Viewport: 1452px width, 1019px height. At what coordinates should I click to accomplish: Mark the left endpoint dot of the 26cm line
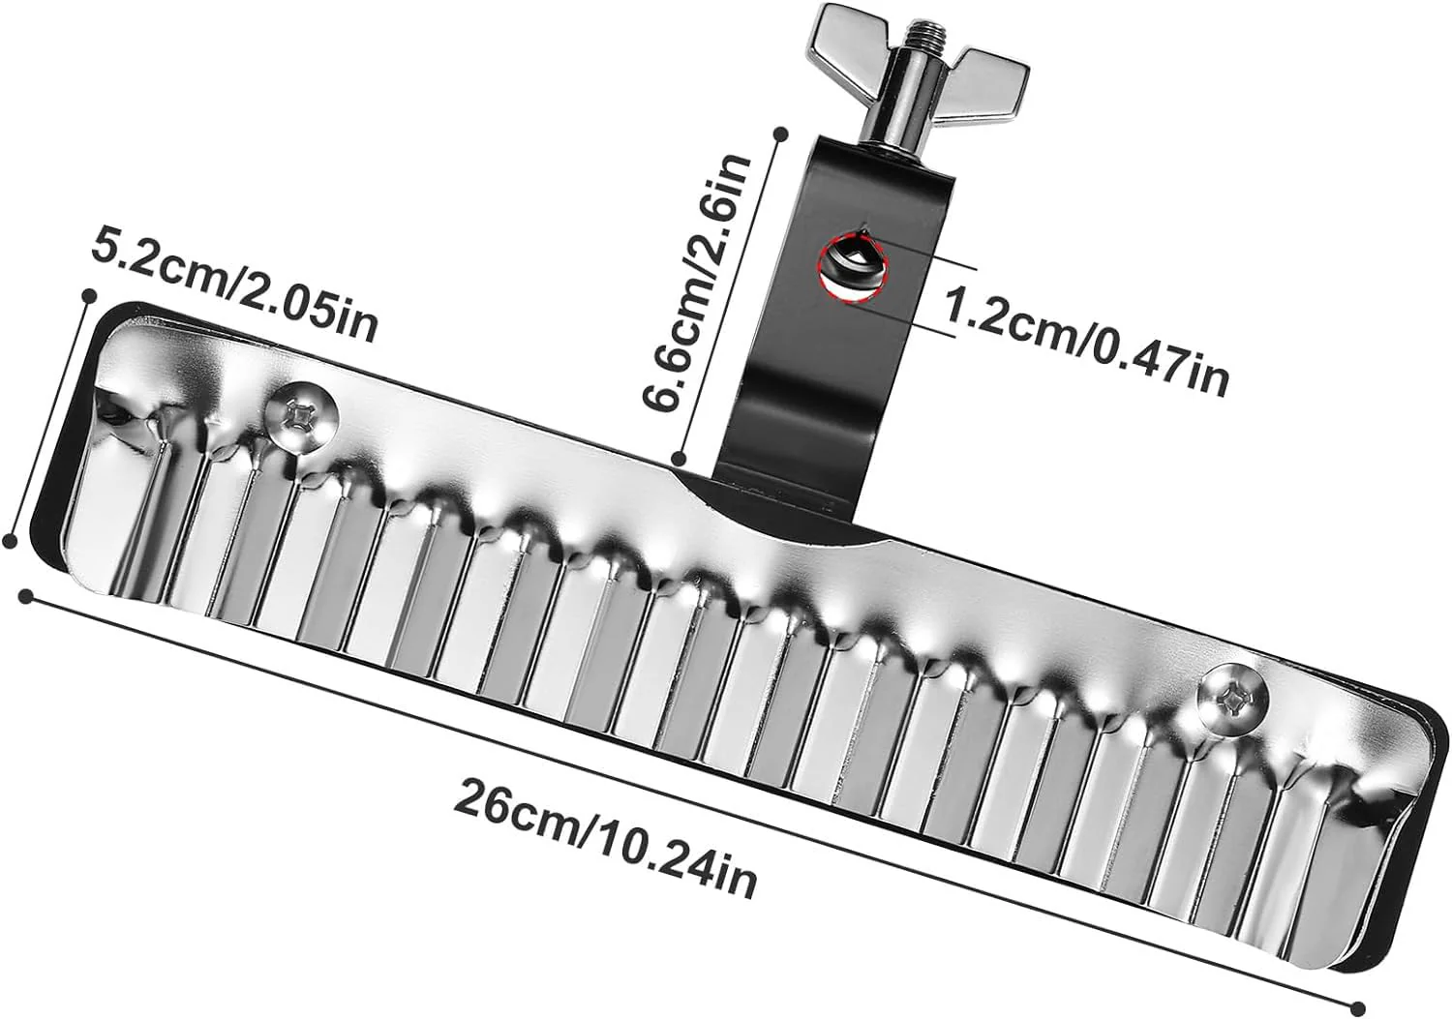point(26,595)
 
